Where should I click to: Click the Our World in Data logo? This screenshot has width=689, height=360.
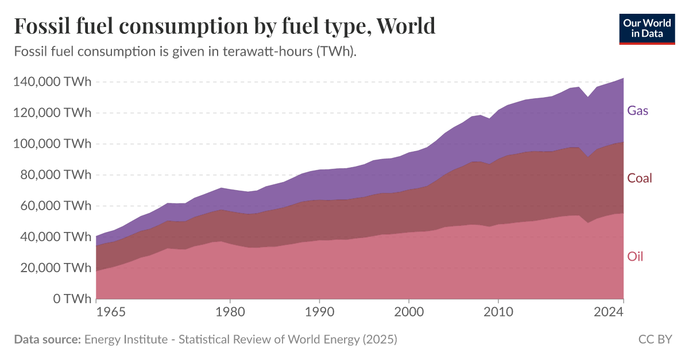click(x=647, y=27)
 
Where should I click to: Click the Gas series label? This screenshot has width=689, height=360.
click(x=638, y=110)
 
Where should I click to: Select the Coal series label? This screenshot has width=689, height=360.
click(x=640, y=178)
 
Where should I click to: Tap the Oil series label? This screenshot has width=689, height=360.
click(x=635, y=257)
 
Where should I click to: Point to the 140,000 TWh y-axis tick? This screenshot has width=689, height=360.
click(x=52, y=82)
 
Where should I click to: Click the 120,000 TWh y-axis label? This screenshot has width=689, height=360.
click(x=52, y=113)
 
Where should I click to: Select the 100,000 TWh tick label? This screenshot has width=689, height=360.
click(x=52, y=144)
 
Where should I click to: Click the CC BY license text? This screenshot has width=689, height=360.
click(x=655, y=339)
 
